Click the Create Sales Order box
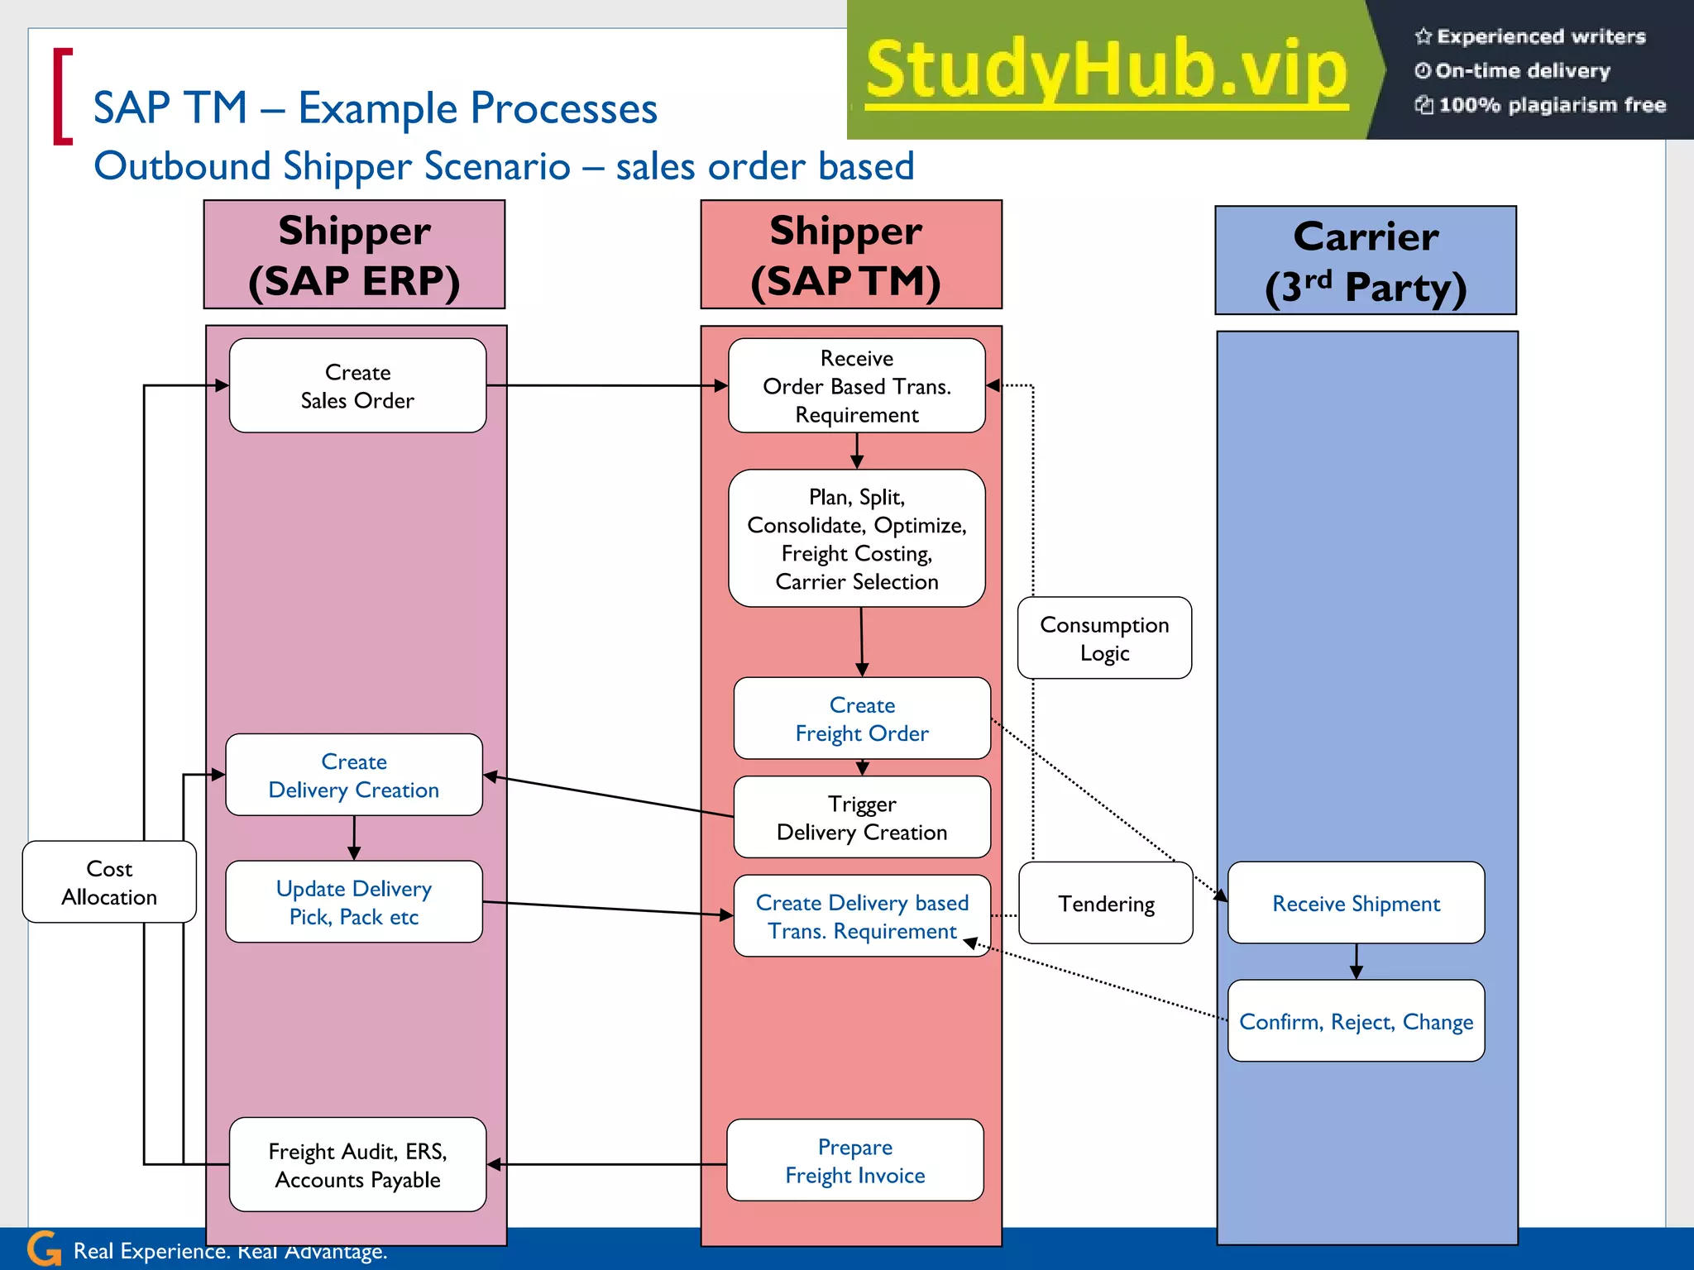tap(357, 385)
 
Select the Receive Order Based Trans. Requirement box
tap(856, 385)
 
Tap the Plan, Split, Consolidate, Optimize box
tap(856, 538)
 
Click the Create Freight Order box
tap(861, 719)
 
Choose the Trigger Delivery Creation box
tap(861, 817)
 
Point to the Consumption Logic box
tap(1104, 638)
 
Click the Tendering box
tap(1105, 903)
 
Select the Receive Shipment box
tap(1356, 903)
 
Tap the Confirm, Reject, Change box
tap(1356, 1021)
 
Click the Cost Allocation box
tap(109, 882)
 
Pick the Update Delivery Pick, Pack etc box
tap(354, 902)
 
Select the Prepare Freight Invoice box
tap(854, 1160)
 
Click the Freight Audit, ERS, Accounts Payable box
tap(357, 1165)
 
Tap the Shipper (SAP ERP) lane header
tap(354, 255)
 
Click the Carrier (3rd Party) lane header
tap(1366, 260)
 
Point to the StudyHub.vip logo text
tap(1107, 71)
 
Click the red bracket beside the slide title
tap(62, 97)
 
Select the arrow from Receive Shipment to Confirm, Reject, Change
tap(1356, 962)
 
